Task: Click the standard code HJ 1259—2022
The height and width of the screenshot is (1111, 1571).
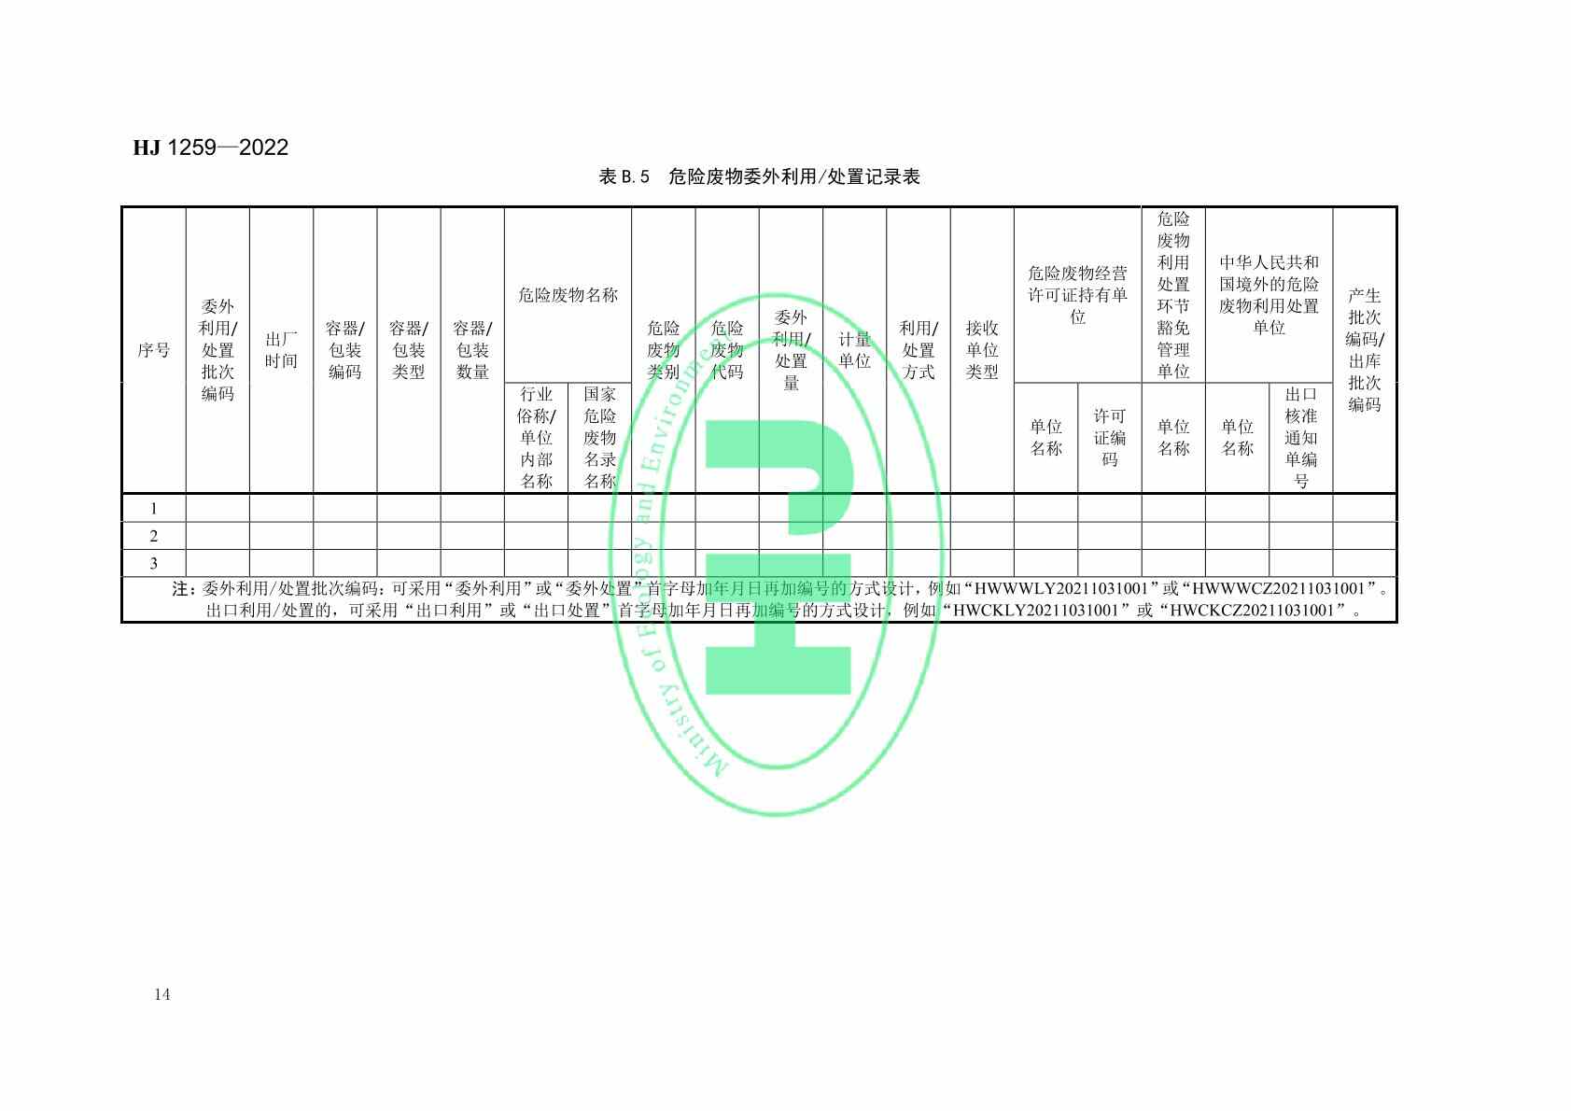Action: coord(210,148)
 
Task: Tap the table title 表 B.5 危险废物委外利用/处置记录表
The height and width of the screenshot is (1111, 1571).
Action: coord(759,176)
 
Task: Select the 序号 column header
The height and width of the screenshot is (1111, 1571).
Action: coord(154,350)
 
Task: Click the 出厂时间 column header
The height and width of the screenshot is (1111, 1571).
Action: coord(281,350)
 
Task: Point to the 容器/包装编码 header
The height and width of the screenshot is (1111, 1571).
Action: coord(344,350)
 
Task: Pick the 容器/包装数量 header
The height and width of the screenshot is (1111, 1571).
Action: coord(472,350)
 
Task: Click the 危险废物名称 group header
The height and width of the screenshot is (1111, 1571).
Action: coord(568,295)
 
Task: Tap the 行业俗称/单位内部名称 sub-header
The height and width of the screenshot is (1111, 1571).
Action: coord(536,438)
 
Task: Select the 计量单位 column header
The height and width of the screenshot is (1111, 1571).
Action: coord(854,350)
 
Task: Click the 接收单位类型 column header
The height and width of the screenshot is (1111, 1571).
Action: coord(982,350)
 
